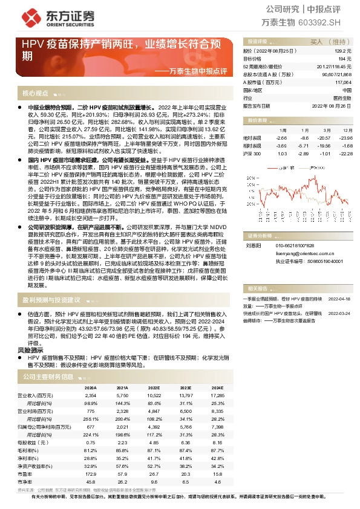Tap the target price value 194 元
pos(345,59)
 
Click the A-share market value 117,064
pos(342,82)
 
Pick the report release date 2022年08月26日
pos(332,105)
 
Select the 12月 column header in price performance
pos(345,130)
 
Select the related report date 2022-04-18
pos(339,299)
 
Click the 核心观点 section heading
pos(35,93)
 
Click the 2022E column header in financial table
pos(154,388)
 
